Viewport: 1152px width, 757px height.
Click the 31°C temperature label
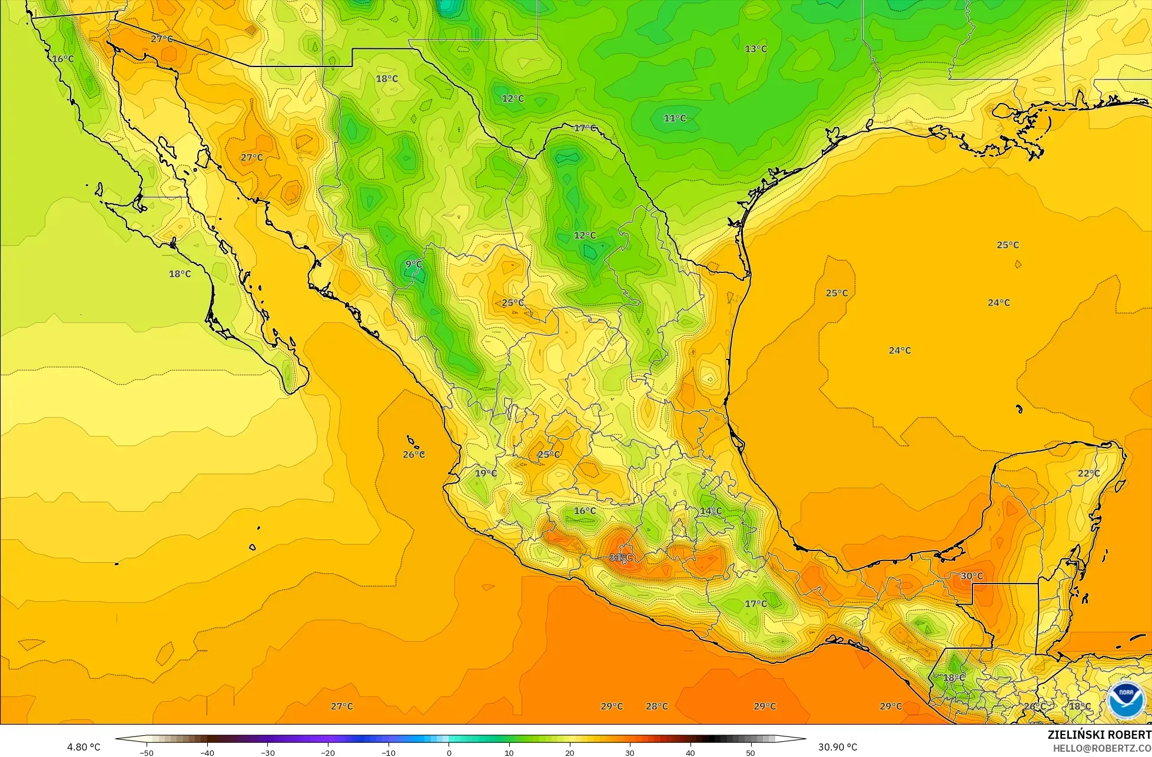pyautogui.click(x=620, y=558)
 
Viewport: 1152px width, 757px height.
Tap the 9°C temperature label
pyautogui.click(x=414, y=265)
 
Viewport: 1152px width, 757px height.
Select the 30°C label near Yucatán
pyautogui.click(x=971, y=576)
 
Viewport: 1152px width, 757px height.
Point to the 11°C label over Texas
pyautogui.click(x=675, y=118)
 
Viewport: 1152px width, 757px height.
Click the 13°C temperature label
pyautogui.click(x=756, y=49)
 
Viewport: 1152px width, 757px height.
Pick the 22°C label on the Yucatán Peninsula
pyautogui.click(x=1088, y=473)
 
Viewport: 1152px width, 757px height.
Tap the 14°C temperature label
pyautogui.click(x=711, y=511)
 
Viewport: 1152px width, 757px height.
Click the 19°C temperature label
pyautogui.click(x=486, y=473)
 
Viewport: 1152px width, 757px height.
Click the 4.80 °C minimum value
pyautogui.click(x=84, y=748)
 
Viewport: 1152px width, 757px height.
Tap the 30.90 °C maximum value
pyautogui.click(x=838, y=748)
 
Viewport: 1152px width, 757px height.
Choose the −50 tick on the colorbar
pyautogui.click(x=147, y=752)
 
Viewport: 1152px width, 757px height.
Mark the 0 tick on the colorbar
pyautogui.click(x=449, y=752)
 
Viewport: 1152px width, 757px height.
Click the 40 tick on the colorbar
pyautogui.click(x=690, y=752)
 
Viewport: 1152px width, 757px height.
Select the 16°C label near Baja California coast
pyautogui.click(x=63, y=59)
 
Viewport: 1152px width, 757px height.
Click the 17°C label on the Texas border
pyautogui.click(x=585, y=128)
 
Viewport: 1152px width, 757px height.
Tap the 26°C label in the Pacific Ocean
pyautogui.click(x=414, y=455)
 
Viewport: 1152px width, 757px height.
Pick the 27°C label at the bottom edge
pyautogui.click(x=341, y=706)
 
